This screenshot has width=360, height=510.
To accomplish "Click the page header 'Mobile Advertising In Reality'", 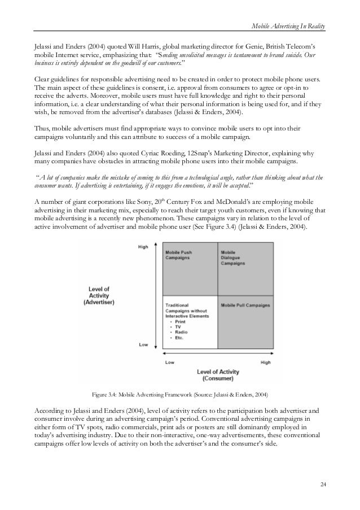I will (x=287, y=28).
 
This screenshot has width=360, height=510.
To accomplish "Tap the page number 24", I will (x=322, y=484).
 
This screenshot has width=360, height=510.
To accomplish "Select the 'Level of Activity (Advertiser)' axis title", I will (x=99, y=296).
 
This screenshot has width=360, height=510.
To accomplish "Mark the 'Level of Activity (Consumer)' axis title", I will (x=218, y=375).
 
